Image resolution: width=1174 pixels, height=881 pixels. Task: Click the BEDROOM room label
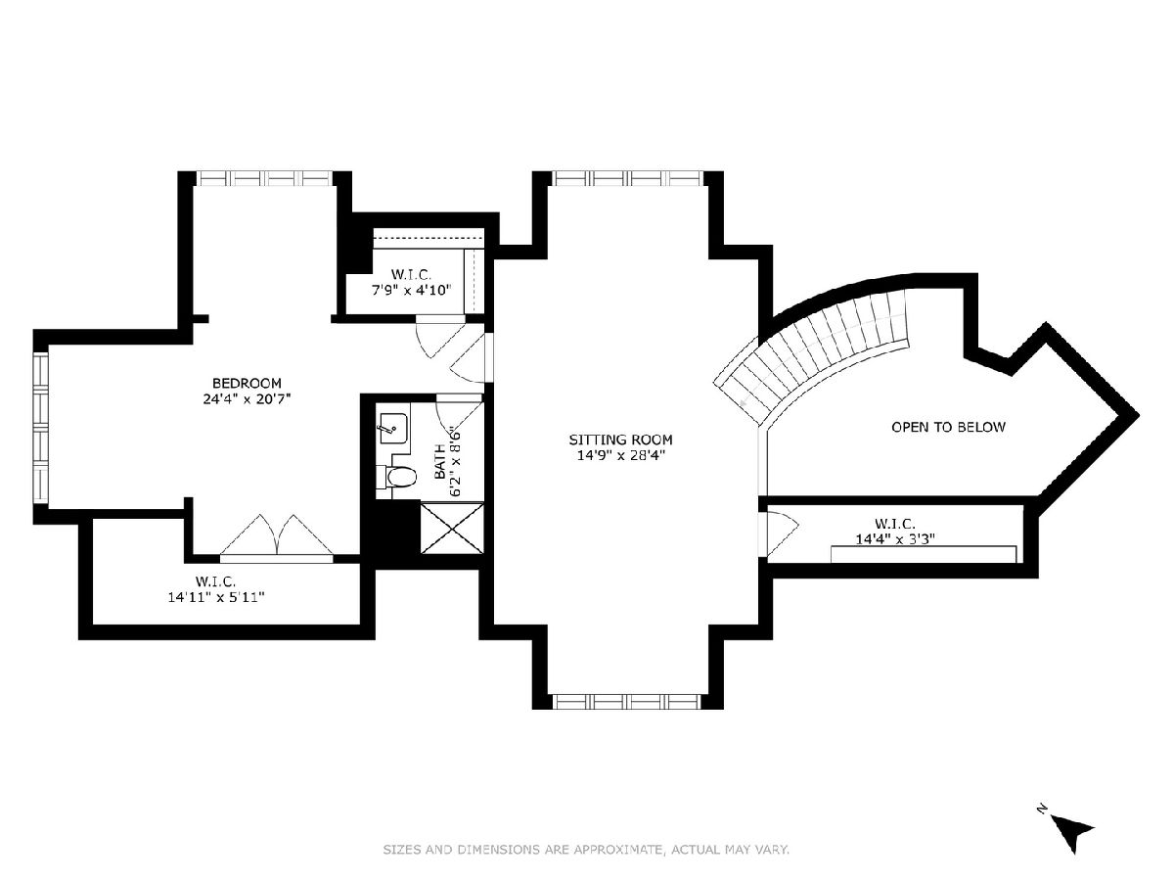click(247, 383)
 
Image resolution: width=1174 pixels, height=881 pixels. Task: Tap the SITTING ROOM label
click(620, 440)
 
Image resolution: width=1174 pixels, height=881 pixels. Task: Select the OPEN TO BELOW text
click(948, 427)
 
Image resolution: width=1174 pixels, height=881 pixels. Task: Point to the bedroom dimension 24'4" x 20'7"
click(247, 399)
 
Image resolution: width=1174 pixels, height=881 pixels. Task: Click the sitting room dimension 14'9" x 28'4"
click(620, 456)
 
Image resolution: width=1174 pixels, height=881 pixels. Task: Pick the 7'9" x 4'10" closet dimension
click(412, 291)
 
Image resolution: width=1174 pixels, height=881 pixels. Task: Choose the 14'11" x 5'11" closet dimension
click(216, 597)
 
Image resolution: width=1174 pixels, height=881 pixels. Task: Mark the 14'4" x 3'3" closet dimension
click(895, 538)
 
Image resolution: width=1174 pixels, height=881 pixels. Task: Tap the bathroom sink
click(393, 429)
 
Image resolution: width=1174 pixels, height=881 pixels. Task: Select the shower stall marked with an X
click(452, 528)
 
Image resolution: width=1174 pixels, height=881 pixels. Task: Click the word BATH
click(439, 461)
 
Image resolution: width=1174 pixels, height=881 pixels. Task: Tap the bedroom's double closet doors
click(277, 536)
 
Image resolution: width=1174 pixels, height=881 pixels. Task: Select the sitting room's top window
click(627, 178)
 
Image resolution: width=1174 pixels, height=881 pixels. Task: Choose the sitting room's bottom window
click(626, 701)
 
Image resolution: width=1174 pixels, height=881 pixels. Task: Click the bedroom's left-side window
click(41, 428)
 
